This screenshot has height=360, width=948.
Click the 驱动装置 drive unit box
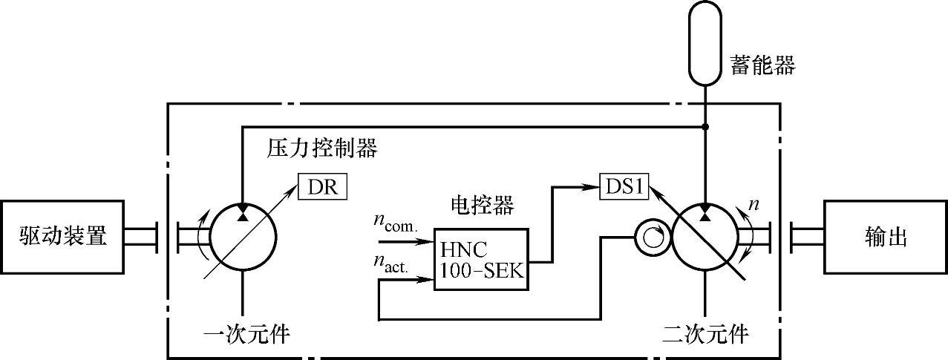click(x=62, y=238)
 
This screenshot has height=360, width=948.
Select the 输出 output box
click(x=885, y=238)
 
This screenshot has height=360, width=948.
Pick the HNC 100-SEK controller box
click(x=480, y=258)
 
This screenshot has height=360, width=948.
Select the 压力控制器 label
click(x=322, y=149)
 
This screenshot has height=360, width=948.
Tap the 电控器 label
click(x=482, y=206)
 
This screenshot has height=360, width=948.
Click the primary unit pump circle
click(x=243, y=238)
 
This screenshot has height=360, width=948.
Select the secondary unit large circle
click(x=705, y=238)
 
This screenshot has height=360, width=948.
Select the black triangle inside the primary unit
click(x=243, y=215)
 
